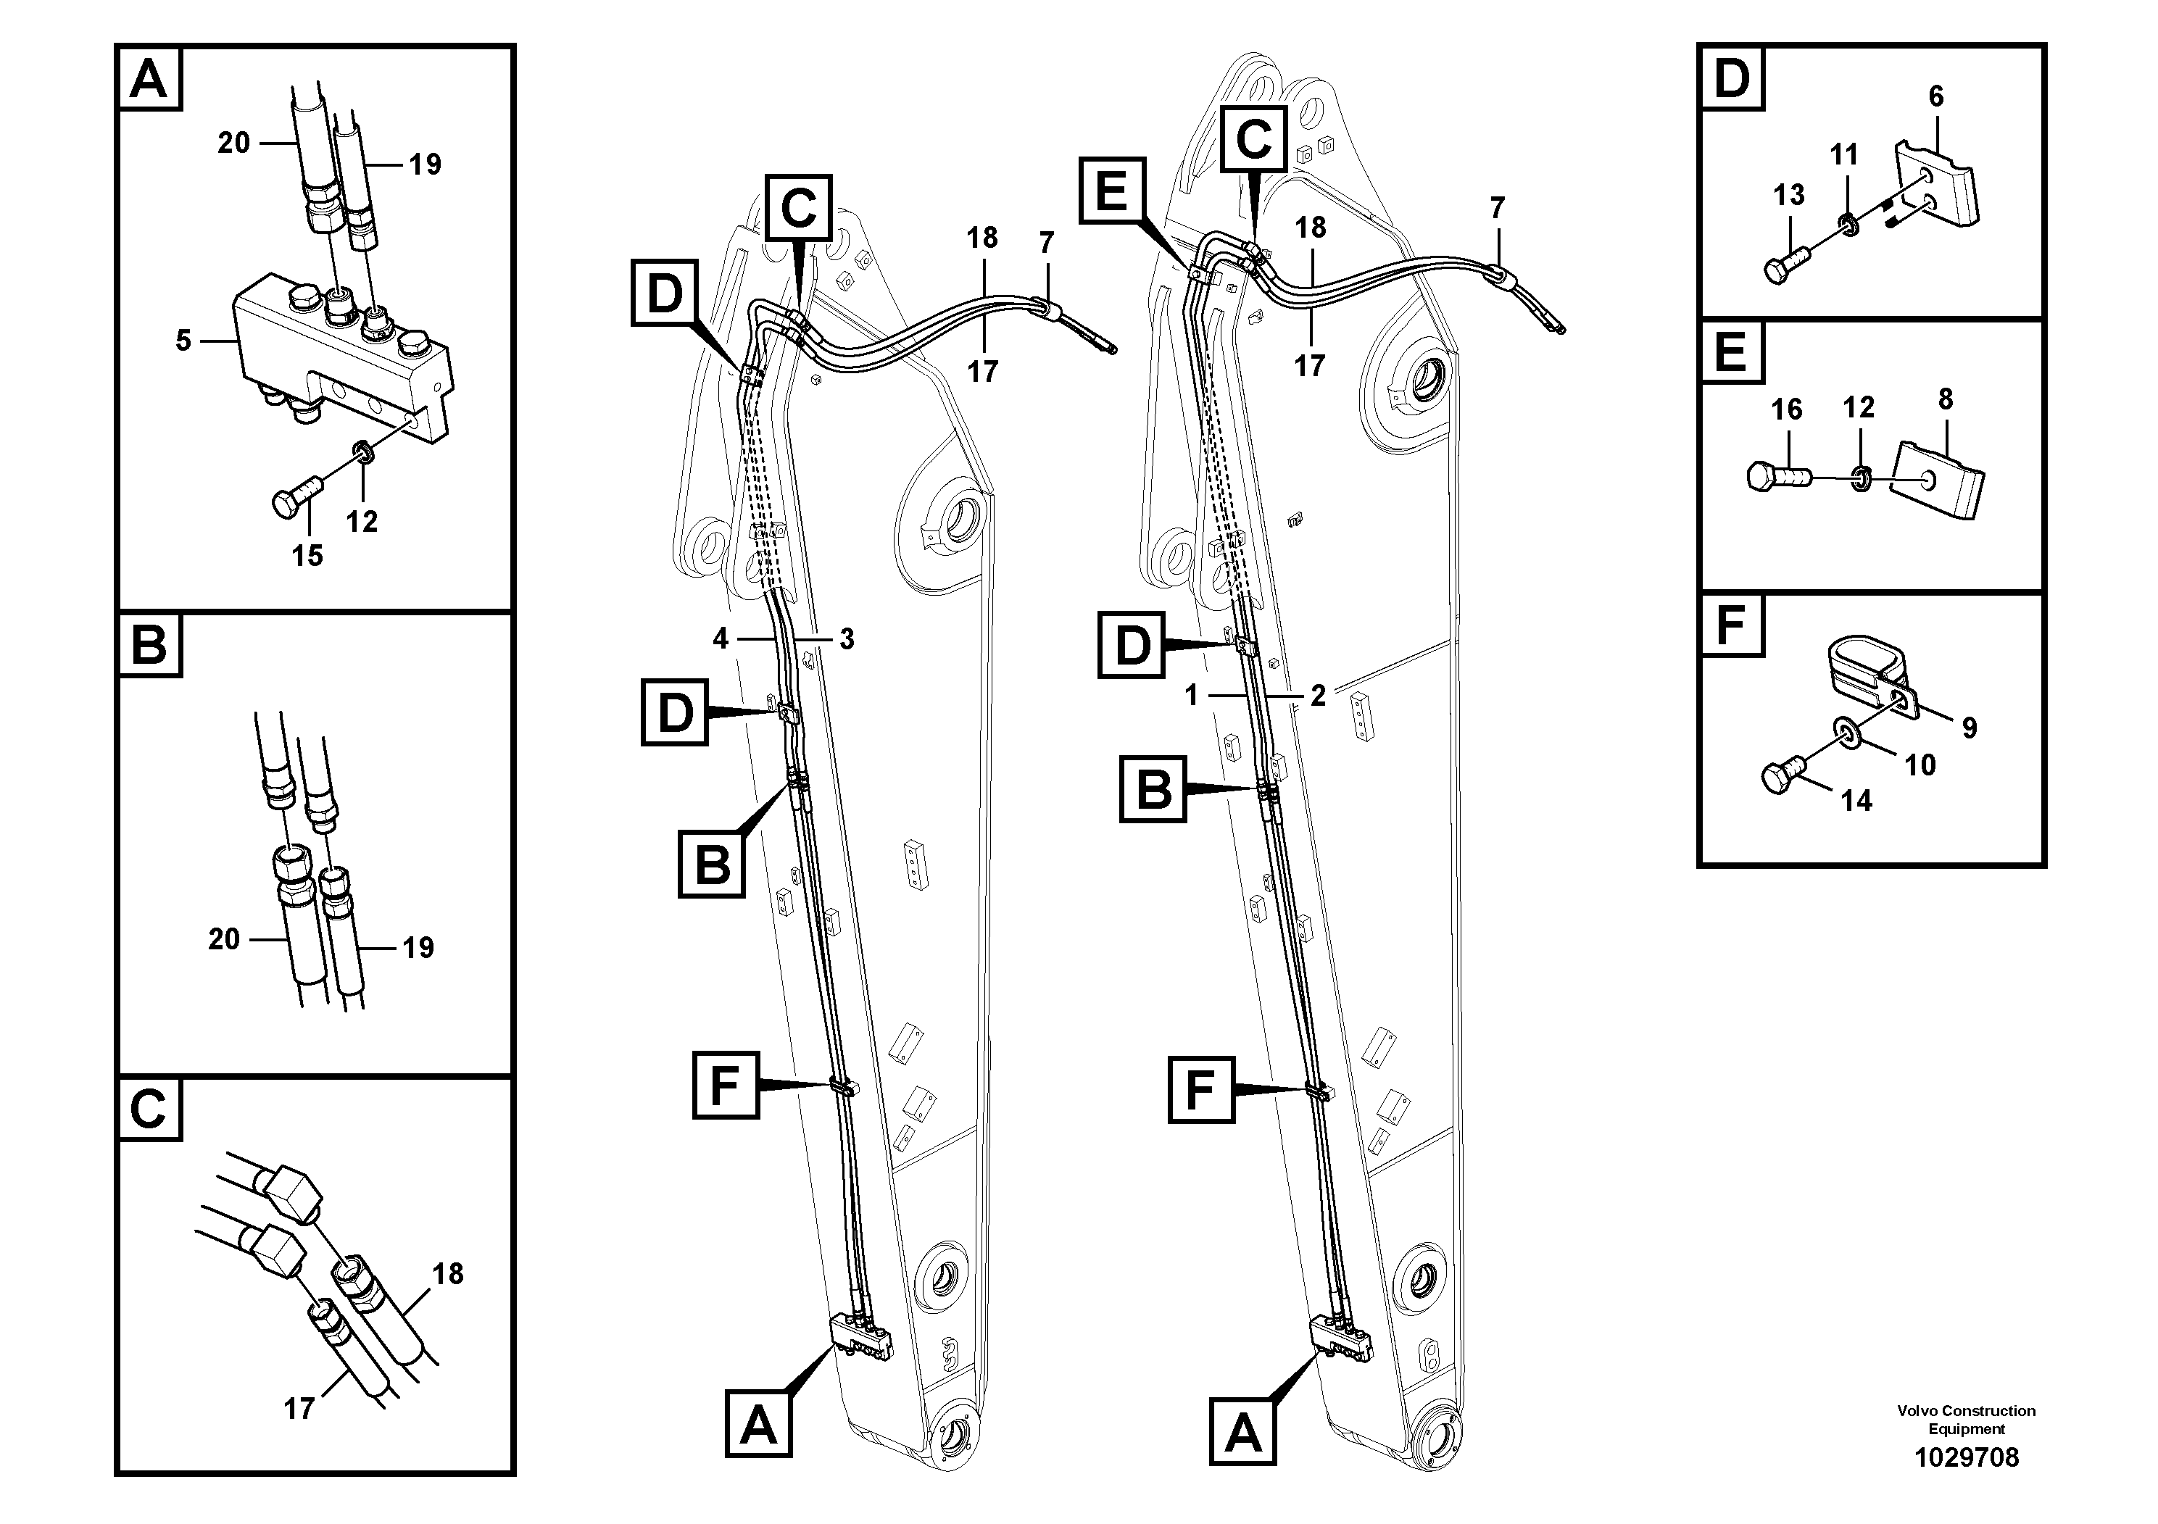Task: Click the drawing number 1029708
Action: [1966, 1457]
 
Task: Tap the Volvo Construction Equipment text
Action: [1966, 1420]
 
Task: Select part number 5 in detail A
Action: [183, 340]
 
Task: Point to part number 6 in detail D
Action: [1936, 96]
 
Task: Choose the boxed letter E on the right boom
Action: [1112, 193]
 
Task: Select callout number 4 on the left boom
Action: [721, 639]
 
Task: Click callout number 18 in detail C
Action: [448, 1273]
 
